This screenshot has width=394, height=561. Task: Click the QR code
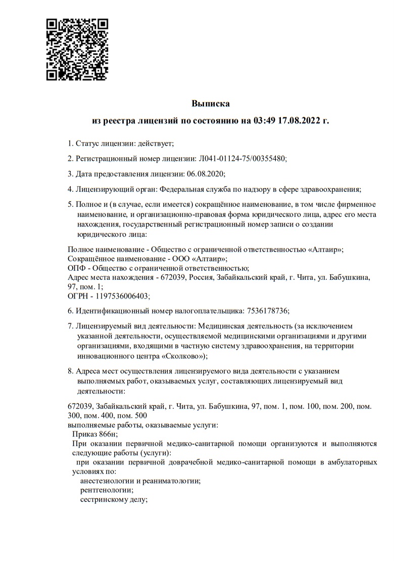77,50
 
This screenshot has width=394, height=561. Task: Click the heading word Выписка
211,104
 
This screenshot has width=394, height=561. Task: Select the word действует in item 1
156,144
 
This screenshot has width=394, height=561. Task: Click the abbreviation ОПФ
77,268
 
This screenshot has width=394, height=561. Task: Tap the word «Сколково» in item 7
184,356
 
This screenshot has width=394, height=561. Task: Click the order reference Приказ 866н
94,434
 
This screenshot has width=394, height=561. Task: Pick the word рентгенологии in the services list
106,490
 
